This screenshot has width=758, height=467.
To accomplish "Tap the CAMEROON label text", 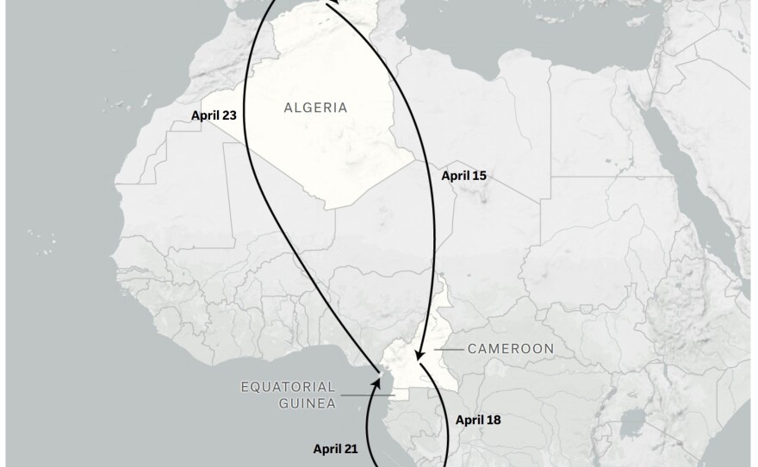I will pos(510,349).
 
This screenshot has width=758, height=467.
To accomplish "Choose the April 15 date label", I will pos(463,176).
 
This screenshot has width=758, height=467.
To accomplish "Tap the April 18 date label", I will pos(477,420).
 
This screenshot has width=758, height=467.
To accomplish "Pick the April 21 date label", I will pos(335,448).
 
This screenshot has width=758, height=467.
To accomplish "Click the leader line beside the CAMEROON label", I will pos(448,349).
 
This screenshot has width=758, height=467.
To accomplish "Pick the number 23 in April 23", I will pos(227,115).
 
